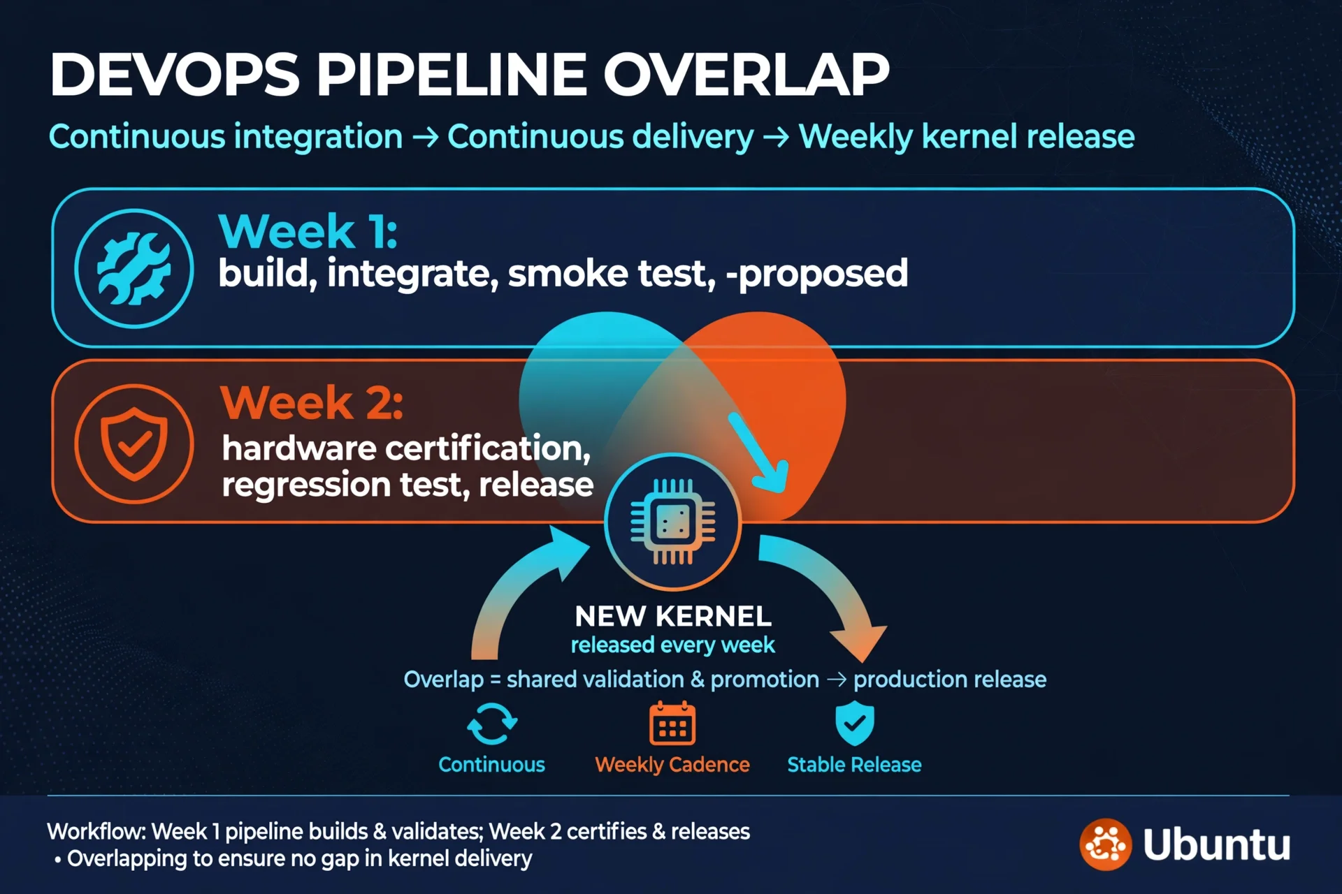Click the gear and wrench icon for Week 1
pos(134,268)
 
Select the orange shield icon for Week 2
pos(134,444)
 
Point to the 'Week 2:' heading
pos(312,403)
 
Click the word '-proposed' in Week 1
pos(817,273)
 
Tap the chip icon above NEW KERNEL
pos(672,521)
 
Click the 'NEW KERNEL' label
pos(673,616)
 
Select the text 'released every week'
pos(673,645)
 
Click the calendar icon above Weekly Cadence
pos(672,724)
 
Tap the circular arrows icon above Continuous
pos(492,724)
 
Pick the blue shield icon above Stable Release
pos(855,724)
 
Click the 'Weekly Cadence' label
pos(672,765)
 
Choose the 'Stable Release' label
pos(854,765)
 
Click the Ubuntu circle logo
pos(1106,844)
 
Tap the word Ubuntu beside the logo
pos(1217,844)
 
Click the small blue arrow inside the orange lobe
pos(760,453)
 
